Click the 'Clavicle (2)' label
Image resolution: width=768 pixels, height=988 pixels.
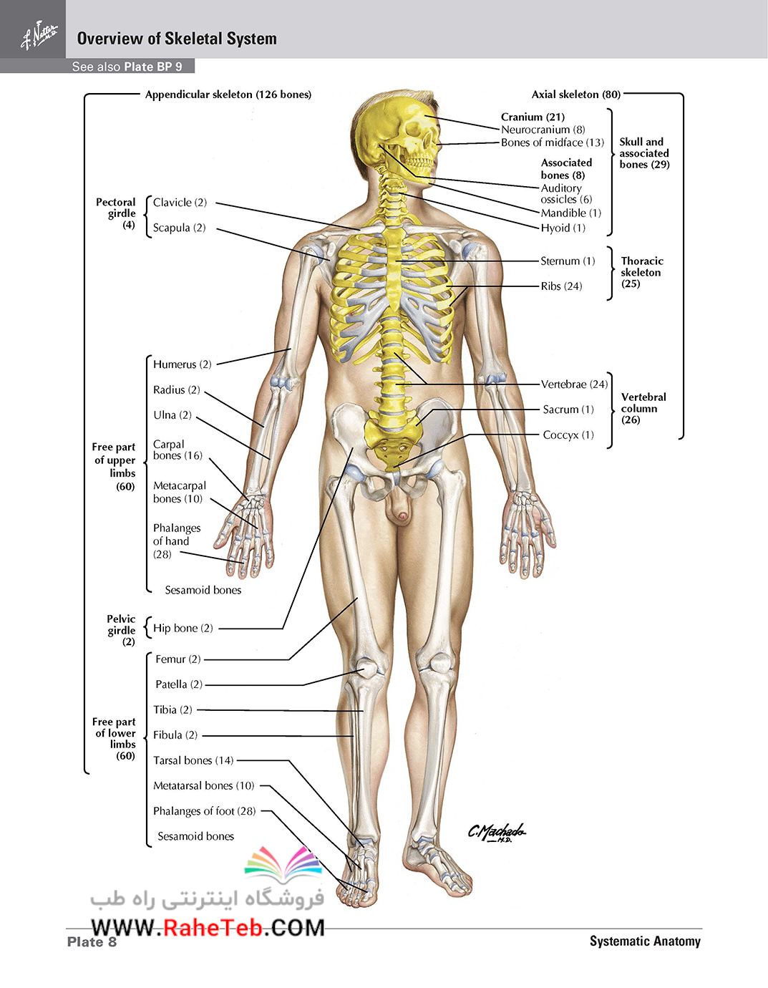tap(180, 203)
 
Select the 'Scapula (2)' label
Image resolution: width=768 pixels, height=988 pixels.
tap(179, 228)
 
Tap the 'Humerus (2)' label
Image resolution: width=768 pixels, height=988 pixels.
tap(183, 364)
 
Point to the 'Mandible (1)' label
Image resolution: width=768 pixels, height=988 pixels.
tap(570, 213)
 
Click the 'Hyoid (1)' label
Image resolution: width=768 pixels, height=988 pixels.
tap(563, 228)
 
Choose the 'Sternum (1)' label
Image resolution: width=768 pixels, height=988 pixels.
tap(568, 261)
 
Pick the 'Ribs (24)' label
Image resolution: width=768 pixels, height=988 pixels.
tap(561, 286)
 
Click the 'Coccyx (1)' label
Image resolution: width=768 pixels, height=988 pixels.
tap(568, 435)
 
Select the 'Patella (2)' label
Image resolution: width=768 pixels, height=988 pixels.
tap(179, 684)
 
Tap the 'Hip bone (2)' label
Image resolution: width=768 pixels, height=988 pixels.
tap(183, 628)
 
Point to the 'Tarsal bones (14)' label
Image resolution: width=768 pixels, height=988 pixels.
tap(193, 760)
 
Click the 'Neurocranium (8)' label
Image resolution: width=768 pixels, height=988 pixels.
tap(543, 130)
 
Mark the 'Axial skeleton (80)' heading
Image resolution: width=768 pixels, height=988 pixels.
tap(575, 95)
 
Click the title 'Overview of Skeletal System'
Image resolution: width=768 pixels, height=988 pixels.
tap(177, 39)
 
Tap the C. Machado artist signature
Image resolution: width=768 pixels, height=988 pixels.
tap(497, 832)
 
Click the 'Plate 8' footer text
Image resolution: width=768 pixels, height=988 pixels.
tap(92, 941)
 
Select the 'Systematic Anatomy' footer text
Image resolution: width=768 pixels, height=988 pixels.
tap(645, 941)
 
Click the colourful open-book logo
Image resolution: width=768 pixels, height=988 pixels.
tap(283, 864)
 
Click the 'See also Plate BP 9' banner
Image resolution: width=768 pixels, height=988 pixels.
tap(127, 67)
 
